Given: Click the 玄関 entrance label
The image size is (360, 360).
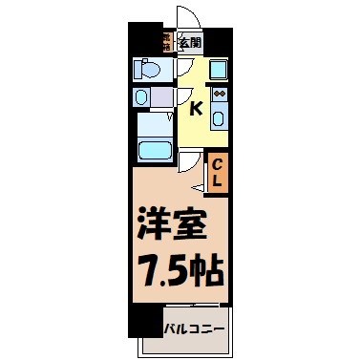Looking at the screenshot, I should [191, 43].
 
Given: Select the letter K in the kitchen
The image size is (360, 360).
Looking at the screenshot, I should [195, 108].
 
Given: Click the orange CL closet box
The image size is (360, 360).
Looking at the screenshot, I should [217, 172].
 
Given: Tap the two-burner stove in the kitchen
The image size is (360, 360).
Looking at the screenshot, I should [218, 95].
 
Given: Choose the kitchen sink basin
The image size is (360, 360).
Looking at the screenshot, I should [218, 118].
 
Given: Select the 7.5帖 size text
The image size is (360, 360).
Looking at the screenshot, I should [179, 270].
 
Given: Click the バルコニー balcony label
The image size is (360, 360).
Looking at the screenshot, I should [194, 329].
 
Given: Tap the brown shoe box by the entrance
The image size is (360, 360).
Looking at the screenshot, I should [166, 43].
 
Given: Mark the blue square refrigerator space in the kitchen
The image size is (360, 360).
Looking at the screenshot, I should [217, 69].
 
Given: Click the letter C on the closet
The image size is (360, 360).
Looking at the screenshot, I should [217, 162].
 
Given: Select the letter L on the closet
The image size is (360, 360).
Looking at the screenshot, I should [217, 180].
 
